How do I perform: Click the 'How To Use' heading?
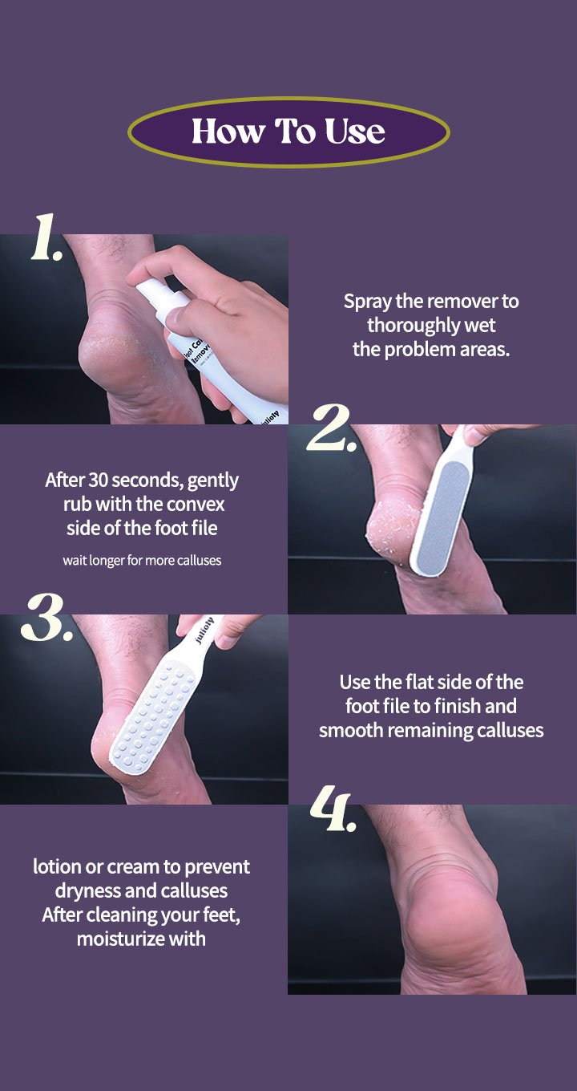click(288, 131)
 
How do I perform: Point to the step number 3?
click(46, 617)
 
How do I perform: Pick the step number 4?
click(333, 809)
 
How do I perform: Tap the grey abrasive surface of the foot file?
click(442, 515)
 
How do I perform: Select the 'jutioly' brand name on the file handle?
click(205, 631)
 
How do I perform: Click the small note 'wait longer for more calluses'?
click(142, 560)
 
